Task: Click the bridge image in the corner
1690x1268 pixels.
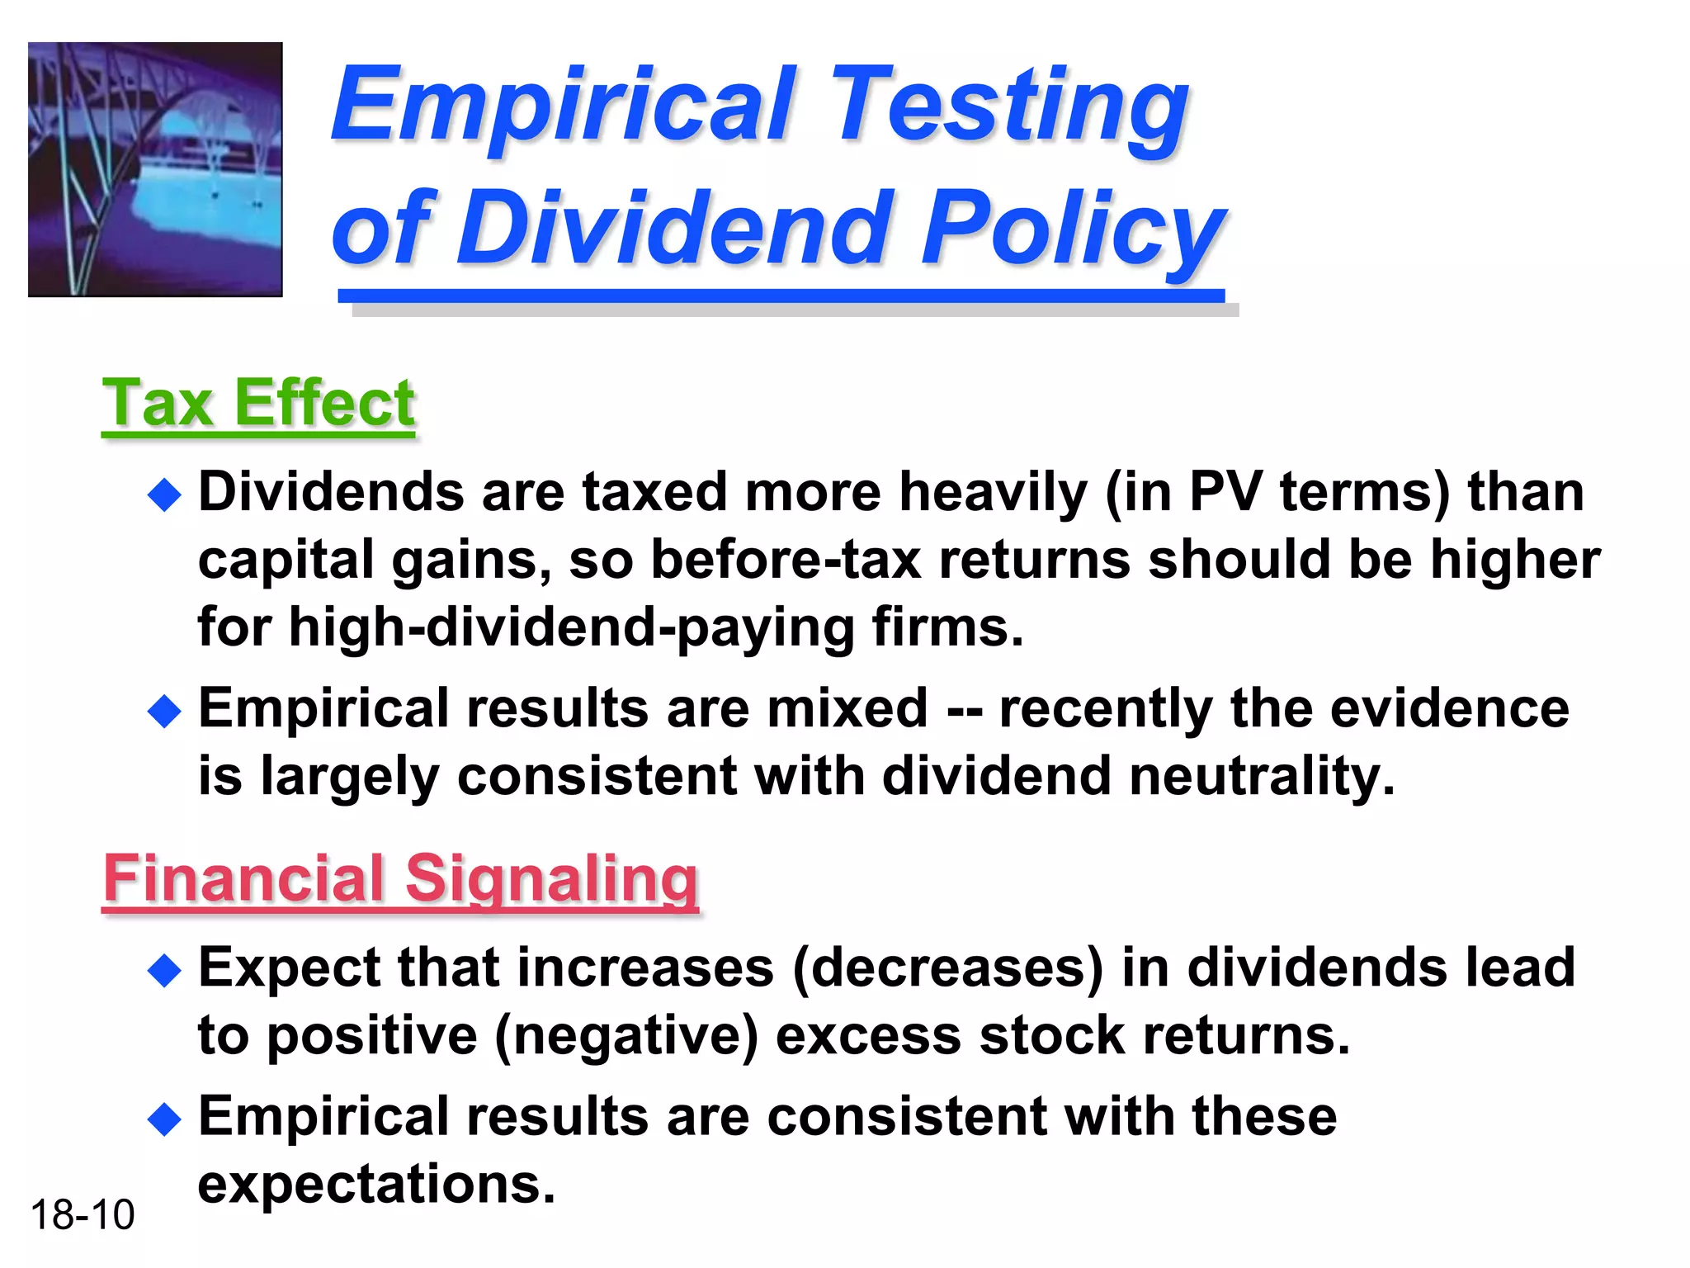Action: coord(155,169)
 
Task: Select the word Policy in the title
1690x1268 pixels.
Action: coord(1072,227)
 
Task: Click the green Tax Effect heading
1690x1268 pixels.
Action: coord(258,404)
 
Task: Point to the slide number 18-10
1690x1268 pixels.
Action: coord(82,1215)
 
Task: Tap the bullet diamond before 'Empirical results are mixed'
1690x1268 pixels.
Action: coord(164,711)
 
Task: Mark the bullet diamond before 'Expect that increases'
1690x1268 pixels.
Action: coord(164,971)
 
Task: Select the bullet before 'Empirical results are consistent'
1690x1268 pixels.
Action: coord(164,1119)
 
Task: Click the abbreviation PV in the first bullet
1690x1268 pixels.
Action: coord(1225,493)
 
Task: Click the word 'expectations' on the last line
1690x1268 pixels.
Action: coord(376,1185)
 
